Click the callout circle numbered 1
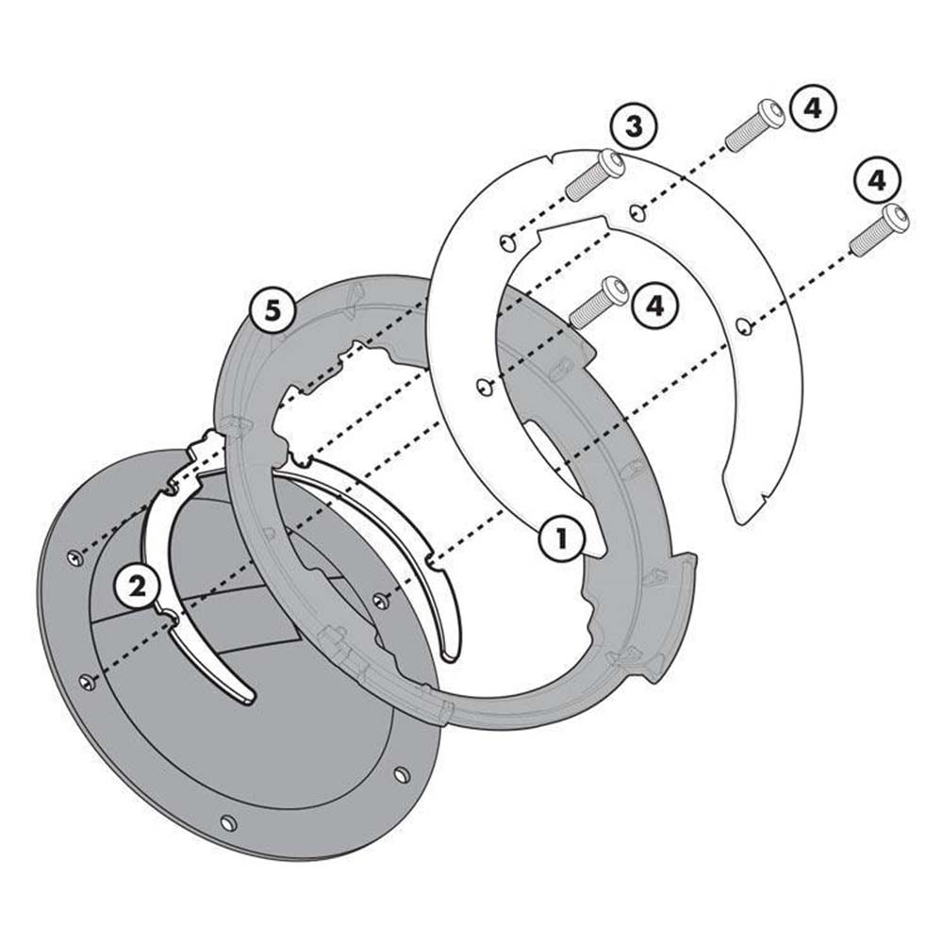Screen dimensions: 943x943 561,538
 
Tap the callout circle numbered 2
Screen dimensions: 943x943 138,586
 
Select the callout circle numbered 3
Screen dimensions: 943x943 634,127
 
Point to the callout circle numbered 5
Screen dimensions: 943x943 273,312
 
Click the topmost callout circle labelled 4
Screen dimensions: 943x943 813,109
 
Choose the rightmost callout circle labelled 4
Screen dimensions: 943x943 877,180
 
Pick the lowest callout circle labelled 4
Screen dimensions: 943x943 655,305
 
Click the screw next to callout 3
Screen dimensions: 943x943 594,174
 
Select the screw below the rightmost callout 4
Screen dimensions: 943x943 879,229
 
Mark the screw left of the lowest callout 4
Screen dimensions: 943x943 599,302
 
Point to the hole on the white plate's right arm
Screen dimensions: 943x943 745,326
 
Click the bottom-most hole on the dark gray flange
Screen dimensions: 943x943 228,822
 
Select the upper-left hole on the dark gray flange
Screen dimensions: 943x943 74,558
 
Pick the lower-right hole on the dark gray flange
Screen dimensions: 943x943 402,774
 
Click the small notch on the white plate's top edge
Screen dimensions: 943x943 552,159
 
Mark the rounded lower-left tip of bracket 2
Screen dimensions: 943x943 246,698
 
